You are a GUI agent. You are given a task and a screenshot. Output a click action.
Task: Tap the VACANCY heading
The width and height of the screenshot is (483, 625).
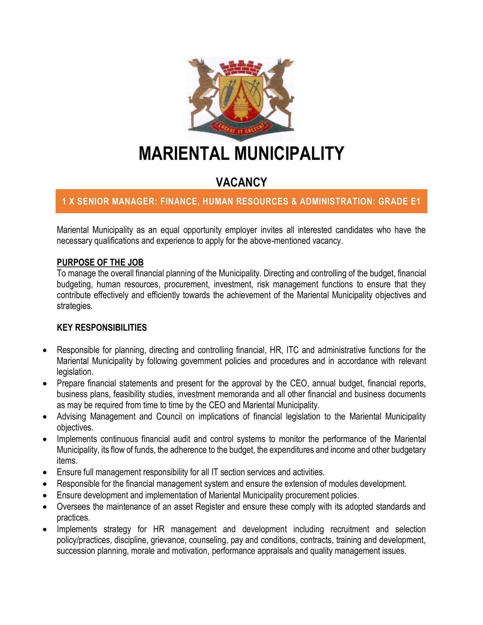pos(241,182)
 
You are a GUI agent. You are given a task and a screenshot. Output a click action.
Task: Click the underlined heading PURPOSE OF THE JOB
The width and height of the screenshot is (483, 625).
pos(100,262)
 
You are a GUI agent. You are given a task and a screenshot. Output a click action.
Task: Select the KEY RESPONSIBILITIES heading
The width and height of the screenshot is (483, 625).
pos(102,328)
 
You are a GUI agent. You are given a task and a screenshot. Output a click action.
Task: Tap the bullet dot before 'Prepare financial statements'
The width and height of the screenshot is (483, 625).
pos(45,383)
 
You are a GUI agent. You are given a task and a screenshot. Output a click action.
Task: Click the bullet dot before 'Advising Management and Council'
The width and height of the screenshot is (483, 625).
pos(45,417)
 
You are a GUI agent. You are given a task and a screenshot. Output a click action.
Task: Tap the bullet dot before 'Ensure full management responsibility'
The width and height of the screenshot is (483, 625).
pos(45,473)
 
